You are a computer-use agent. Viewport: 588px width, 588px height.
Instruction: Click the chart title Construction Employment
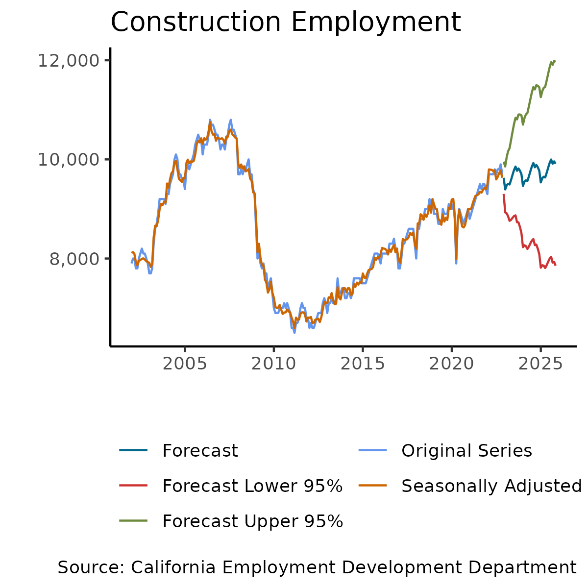click(x=286, y=22)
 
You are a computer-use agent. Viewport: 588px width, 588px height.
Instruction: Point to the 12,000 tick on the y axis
click(x=68, y=61)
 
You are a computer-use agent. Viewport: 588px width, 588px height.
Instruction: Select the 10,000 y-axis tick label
click(x=68, y=160)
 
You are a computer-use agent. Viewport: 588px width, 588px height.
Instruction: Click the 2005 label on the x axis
click(x=185, y=364)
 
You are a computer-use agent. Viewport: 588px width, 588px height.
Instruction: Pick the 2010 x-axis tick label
click(x=273, y=364)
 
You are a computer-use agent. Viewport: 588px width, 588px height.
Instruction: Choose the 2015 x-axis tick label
click(x=362, y=364)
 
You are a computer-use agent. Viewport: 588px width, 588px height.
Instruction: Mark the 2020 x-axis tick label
click(x=451, y=364)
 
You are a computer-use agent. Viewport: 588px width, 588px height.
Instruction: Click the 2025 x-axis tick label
click(x=540, y=364)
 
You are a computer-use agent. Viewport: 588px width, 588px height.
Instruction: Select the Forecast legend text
click(x=200, y=451)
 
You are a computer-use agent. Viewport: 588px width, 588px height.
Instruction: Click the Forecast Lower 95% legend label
click(x=252, y=486)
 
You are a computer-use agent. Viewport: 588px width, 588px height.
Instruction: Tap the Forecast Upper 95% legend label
click(x=252, y=521)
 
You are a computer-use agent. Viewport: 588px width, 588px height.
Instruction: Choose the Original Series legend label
click(x=466, y=451)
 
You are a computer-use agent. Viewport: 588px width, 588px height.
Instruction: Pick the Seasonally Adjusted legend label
click(x=491, y=486)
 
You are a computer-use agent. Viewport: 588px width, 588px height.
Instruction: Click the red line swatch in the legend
click(x=133, y=486)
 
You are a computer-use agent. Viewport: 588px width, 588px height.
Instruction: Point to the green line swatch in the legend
click(x=133, y=521)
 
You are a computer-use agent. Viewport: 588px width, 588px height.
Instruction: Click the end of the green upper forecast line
click(x=555, y=61)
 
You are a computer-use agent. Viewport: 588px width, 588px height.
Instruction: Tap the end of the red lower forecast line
click(x=556, y=265)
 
